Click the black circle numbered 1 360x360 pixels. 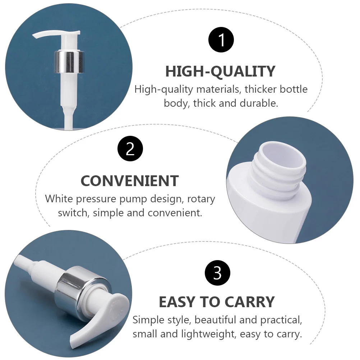click(x=221, y=40)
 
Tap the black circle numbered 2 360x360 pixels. click(x=130, y=149)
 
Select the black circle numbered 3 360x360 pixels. click(x=217, y=273)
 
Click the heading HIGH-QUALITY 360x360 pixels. click(x=220, y=71)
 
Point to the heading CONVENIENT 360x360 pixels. click(x=130, y=181)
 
